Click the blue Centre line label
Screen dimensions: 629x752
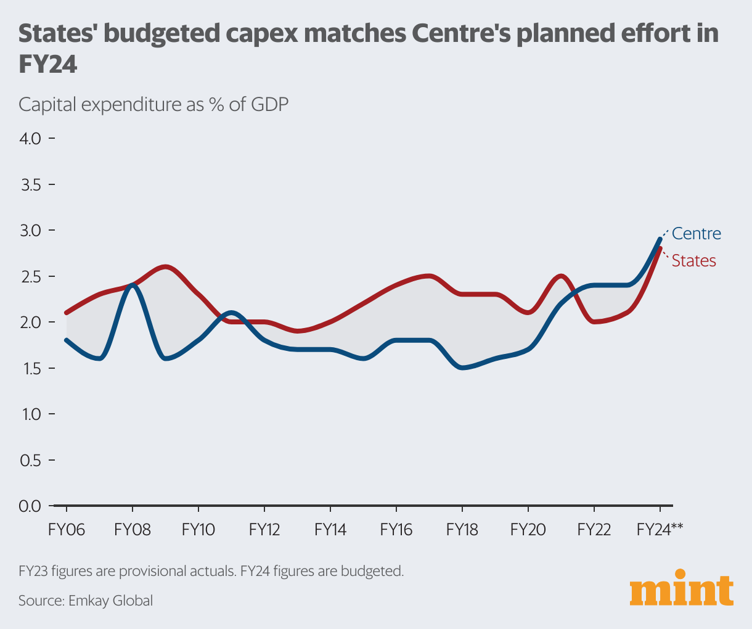696,234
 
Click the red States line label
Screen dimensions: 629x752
693,261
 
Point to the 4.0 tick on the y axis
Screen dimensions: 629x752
31,138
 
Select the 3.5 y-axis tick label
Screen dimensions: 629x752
31,184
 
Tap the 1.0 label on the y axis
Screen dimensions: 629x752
31,414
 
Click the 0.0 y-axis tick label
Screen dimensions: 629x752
31,506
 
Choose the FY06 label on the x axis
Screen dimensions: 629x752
66,530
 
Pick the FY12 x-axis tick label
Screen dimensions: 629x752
264,530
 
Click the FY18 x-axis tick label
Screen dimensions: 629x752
462,530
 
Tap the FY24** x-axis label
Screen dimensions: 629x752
660,530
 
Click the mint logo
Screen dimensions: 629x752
682,591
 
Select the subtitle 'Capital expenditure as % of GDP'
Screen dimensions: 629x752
153,104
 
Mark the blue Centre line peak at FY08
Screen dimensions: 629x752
132,284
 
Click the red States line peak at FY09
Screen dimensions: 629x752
165,266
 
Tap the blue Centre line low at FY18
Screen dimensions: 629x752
462,368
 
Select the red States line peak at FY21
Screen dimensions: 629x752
560,276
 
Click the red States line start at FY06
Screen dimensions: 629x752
67,313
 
